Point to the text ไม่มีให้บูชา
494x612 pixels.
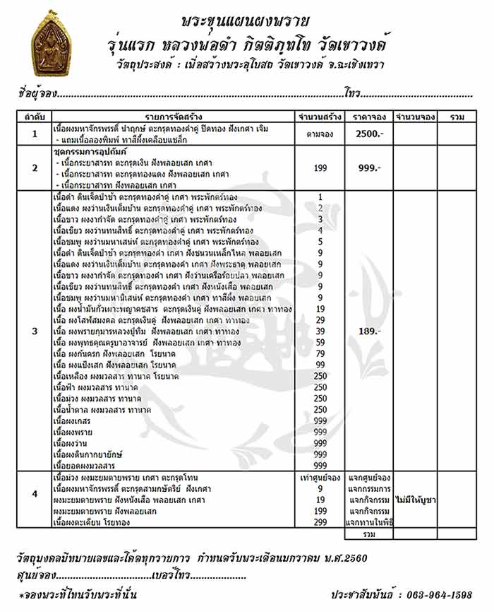click(415, 500)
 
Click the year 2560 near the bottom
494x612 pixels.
click(351, 558)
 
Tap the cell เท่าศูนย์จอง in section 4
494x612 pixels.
click(320, 478)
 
